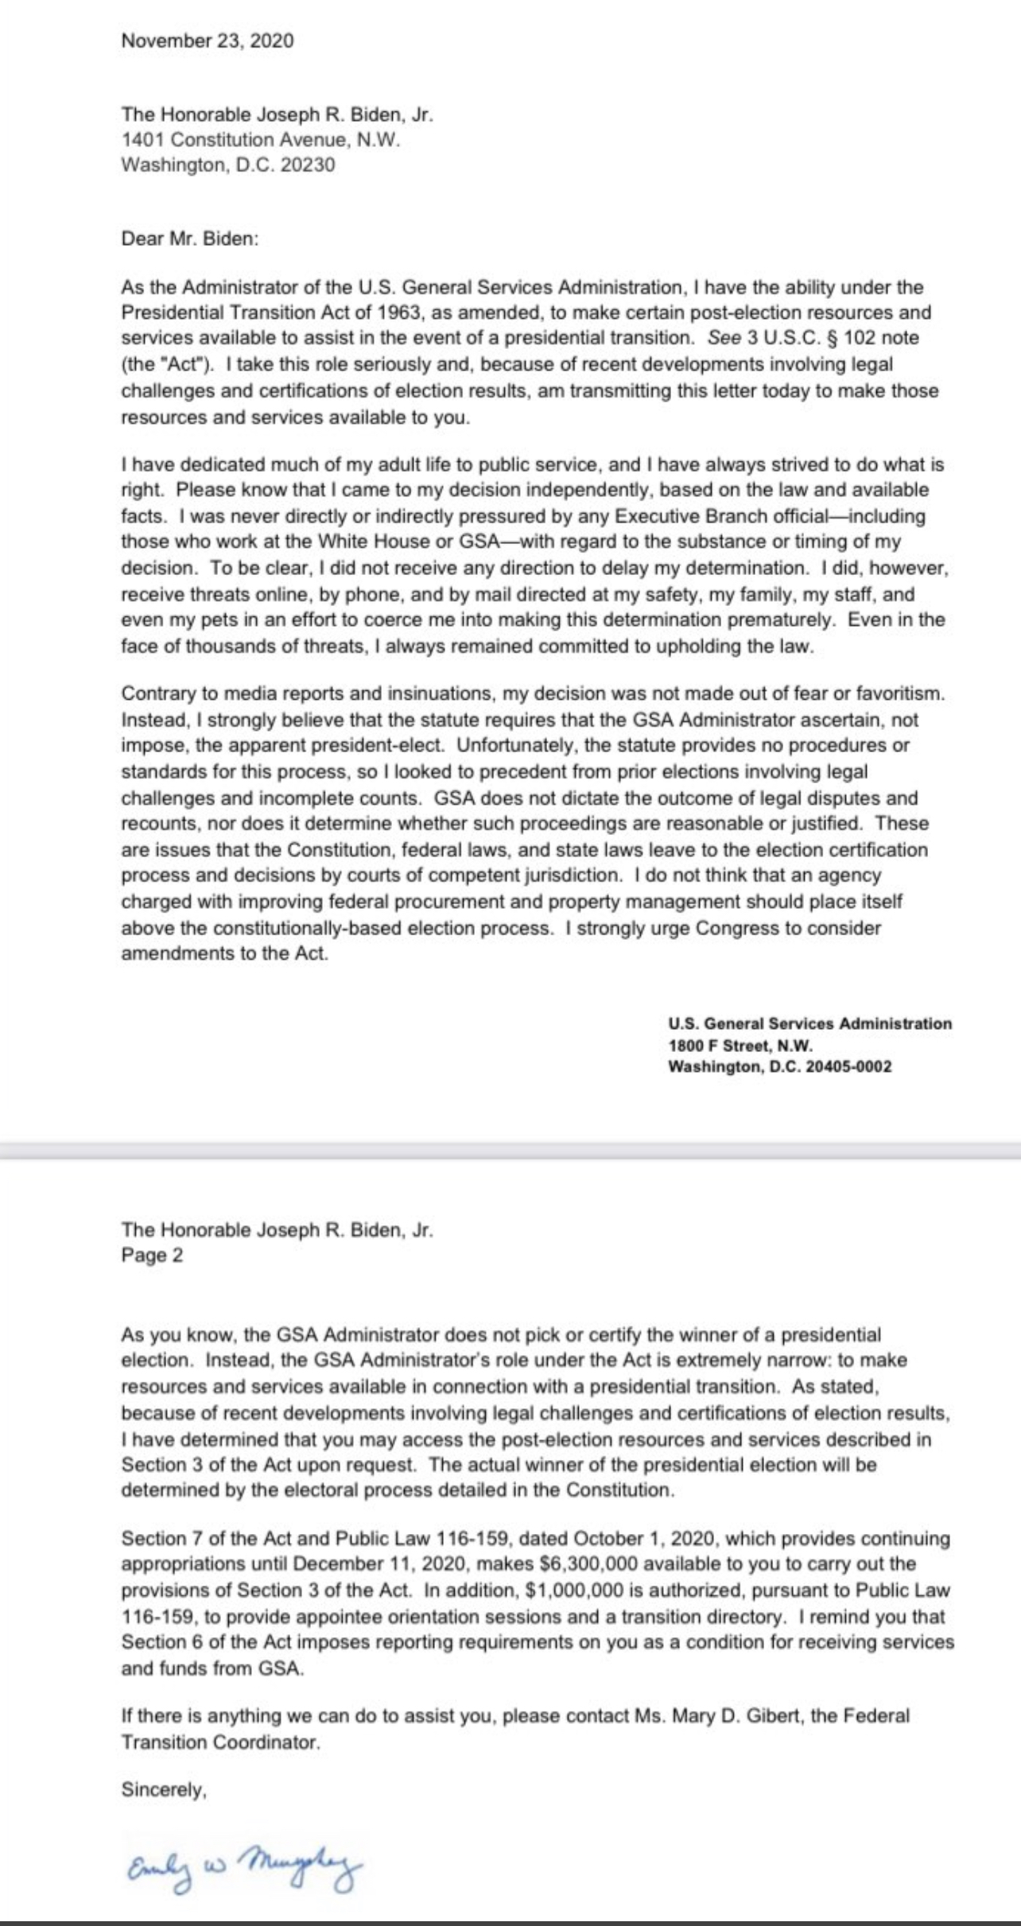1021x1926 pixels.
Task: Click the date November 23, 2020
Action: pyautogui.click(x=207, y=41)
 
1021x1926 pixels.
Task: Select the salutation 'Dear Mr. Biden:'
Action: pyautogui.click(x=190, y=239)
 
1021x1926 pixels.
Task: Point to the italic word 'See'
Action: pyautogui.click(x=724, y=338)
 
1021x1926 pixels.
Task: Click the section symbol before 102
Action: pyautogui.click(x=833, y=338)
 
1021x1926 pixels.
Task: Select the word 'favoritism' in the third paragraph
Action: pyautogui.click(x=901, y=693)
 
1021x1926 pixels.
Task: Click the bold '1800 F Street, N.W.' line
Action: pyautogui.click(x=740, y=1046)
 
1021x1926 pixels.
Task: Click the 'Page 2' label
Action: pyautogui.click(x=152, y=1256)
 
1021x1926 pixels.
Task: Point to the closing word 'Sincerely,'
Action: pyautogui.click(x=164, y=1790)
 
